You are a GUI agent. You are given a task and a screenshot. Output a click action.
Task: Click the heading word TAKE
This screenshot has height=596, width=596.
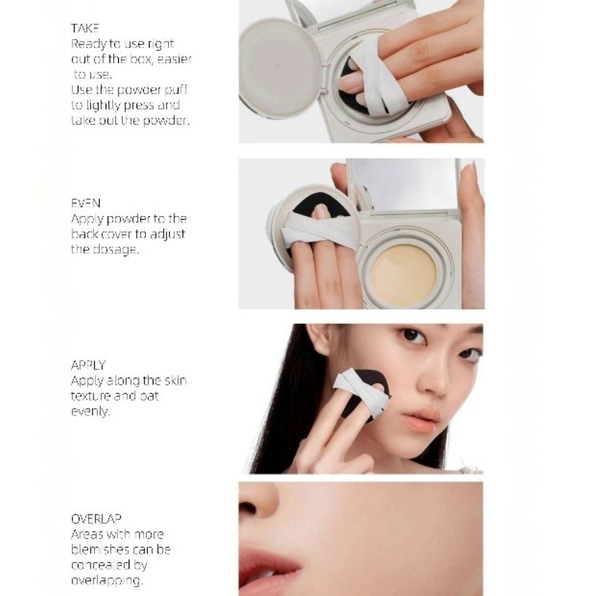coord(85,28)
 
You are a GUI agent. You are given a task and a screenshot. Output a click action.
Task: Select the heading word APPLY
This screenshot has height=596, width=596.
coord(88,365)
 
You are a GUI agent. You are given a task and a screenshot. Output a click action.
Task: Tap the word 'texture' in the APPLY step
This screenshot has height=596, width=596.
coord(92,396)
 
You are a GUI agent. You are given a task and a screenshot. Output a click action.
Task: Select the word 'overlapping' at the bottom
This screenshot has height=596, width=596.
coord(106,580)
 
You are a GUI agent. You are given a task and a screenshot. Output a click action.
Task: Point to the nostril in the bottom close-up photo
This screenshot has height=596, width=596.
coord(250,508)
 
